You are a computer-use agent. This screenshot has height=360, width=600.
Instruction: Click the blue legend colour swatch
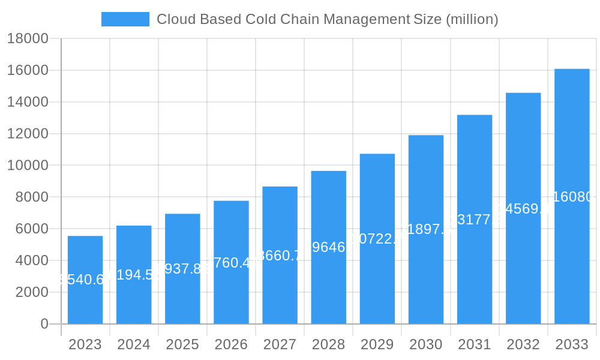point(125,19)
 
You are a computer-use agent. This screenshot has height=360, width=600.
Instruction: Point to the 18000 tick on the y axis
point(28,39)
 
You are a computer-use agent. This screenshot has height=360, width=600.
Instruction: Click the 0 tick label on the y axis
point(44,324)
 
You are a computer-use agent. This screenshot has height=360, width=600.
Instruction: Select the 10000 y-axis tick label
point(28,166)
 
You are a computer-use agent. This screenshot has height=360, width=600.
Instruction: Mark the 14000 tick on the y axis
point(28,102)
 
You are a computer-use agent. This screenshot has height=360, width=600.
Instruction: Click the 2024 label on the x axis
point(134,344)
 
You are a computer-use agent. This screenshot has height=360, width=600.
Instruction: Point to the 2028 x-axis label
point(328,344)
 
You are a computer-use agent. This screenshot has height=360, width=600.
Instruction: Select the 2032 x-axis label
point(523,344)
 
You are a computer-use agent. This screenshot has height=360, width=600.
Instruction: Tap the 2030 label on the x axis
point(426,344)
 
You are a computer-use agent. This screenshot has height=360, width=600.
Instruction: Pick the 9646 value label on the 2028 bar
point(329,247)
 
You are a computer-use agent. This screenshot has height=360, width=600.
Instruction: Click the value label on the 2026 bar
point(231,263)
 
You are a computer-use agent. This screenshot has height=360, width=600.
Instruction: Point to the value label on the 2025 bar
point(182,269)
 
